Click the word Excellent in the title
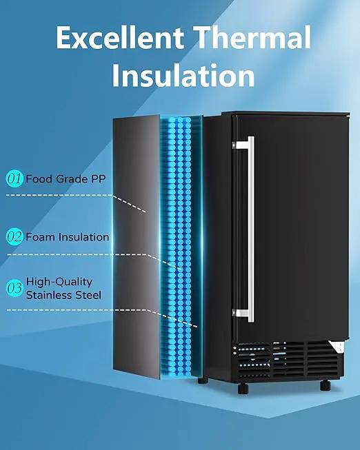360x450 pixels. (x=120, y=37)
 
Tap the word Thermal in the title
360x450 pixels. (x=252, y=37)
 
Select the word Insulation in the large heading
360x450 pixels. (x=183, y=75)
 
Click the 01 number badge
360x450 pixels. (x=14, y=178)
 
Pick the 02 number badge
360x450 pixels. (x=14, y=237)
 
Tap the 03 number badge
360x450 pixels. (x=14, y=288)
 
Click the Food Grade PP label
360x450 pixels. (x=66, y=178)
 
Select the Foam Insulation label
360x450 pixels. (x=68, y=237)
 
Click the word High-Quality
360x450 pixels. (x=59, y=282)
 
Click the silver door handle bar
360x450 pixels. (x=251, y=229)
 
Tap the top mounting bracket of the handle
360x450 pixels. (x=240, y=145)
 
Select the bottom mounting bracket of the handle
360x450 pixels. (x=240, y=313)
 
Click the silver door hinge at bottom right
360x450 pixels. (x=338, y=347)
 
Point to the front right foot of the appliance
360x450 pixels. (x=326, y=385)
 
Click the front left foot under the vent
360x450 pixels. (x=243, y=388)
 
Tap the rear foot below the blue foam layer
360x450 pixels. (x=203, y=381)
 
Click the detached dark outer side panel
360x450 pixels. (x=136, y=247)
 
